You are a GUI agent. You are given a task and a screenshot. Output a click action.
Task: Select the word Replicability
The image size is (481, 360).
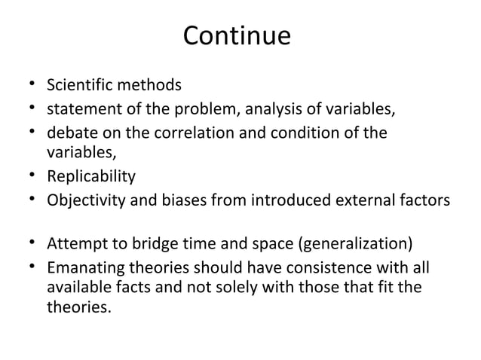coord(91,177)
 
